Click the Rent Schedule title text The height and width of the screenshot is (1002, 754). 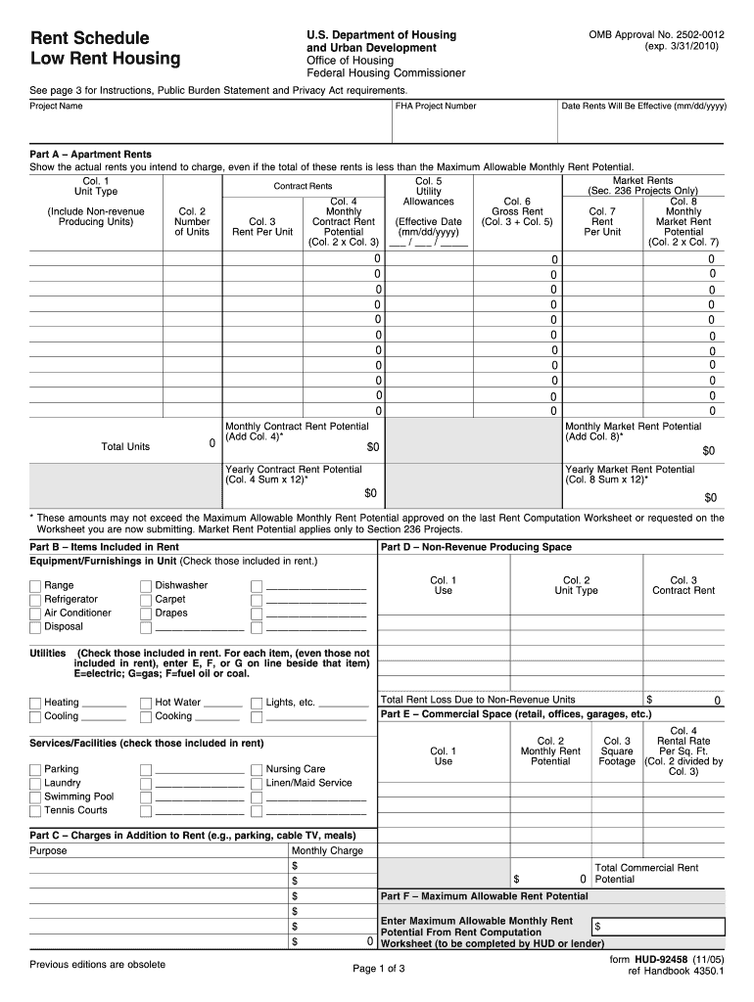click(90, 38)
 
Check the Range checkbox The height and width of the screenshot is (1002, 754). click(35, 586)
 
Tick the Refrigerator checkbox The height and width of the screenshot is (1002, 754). click(35, 600)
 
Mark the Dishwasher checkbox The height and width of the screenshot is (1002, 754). click(146, 586)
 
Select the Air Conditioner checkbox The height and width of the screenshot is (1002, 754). click(35, 614)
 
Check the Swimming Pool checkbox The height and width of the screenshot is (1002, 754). click(35, 797)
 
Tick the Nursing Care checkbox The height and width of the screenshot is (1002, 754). click(257, 770)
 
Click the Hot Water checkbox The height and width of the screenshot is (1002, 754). click(146, 703)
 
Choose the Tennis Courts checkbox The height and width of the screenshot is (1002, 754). click(35, 811)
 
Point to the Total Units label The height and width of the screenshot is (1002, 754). click(125, 447)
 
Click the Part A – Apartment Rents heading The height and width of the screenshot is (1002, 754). click(90, 155)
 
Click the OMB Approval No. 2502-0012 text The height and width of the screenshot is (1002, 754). click(657, 35)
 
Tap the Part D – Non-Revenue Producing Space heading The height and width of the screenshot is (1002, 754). click(476, 547)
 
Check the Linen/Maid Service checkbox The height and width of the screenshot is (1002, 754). click(257, 784)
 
